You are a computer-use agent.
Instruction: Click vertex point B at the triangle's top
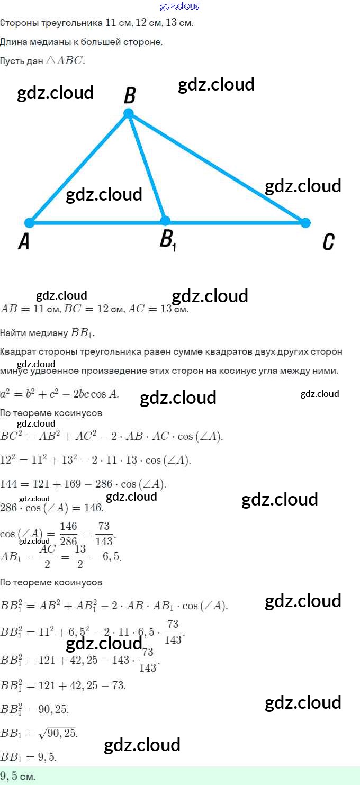click(128, 113)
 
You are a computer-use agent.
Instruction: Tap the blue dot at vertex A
click(30, 222)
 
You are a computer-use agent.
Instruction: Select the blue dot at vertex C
click(305, 222)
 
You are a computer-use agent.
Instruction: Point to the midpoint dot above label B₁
click(165, 221)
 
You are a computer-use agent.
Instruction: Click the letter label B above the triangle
click(130, 96)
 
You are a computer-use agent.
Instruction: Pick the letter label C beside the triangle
click(328, 242)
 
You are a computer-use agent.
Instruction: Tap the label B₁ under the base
click(167, 241)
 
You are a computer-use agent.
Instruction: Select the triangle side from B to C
click(217, 168)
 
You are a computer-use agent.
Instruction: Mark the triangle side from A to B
click(79, 168)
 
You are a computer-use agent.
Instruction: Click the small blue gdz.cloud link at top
click(180, 6)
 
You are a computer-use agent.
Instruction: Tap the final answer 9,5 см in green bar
click(18, 777)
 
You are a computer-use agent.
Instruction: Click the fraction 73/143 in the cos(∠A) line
click(104, 534)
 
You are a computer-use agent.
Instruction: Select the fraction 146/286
click(69, 534)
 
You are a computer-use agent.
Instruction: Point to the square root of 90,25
click(58, 733)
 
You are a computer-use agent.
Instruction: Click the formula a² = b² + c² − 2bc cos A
click(60, 393)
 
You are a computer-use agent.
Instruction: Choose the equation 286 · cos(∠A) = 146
click(52, 508)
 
